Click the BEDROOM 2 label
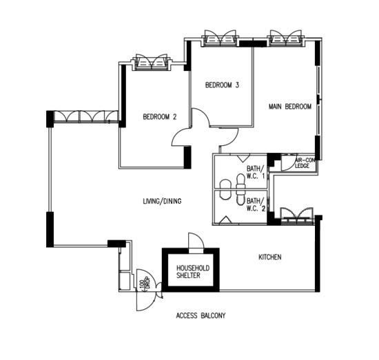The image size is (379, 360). [159, 117]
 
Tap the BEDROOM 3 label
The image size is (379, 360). [222, 85]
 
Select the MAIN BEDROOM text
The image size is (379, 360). [290, 107]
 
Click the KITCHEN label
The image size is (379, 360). [269, 257]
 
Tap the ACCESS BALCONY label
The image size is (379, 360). [201, 316]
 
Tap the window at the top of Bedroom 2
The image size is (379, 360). [152, 63]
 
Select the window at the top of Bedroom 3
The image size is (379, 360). [221, 38]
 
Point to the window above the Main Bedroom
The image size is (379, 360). [285, 38]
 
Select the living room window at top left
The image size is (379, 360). [80, 117]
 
